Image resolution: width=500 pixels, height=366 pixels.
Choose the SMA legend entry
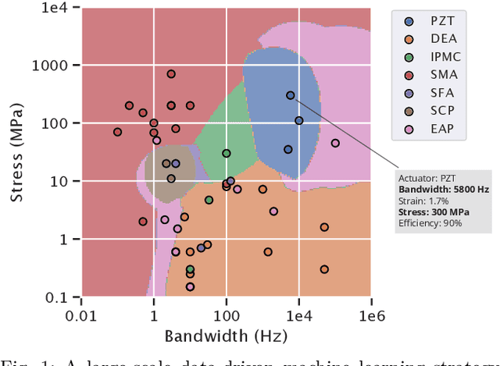point(436,76)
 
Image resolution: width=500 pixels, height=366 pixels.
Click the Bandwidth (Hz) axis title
point(226,336)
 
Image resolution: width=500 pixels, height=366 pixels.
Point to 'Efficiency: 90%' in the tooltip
point(430,223)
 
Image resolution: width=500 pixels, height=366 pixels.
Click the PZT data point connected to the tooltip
point(290,95)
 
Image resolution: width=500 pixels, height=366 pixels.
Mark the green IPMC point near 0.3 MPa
point(190,269)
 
